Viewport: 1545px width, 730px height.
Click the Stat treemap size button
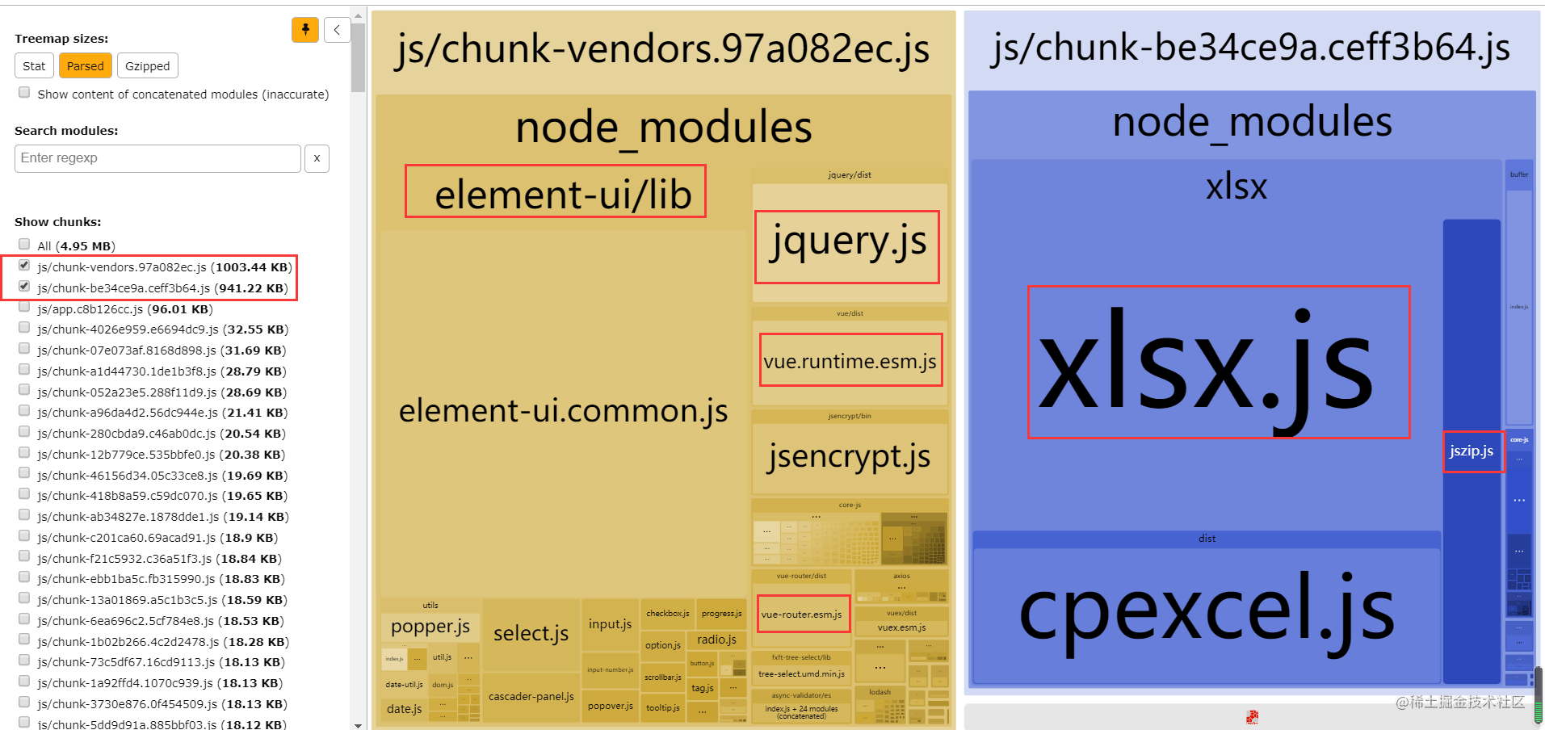tap(34, 66)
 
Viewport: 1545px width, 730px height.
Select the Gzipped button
tap(148, 66)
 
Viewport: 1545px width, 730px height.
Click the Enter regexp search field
tap(157, 158)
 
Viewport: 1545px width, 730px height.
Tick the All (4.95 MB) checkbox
tap(24, 245)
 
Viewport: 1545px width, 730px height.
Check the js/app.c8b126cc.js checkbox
tap(24, 308)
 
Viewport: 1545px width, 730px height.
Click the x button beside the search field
tap(317, 158)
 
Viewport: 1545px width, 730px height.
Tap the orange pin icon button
tap(305, 30)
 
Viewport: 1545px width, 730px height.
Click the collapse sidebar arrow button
tap(337, 30)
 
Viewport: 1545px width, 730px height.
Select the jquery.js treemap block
tap(847, 242)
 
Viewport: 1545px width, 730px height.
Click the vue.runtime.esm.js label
tap(850, 362)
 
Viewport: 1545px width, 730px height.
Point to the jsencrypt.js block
tap(849, 457)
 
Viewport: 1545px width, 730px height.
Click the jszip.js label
tap(1472, 451)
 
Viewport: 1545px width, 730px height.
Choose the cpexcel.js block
tap(1207, 614)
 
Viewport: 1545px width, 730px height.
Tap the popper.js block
tap(430, 627)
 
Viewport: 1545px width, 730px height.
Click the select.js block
tap(531, 634)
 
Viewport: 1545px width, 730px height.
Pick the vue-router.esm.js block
tap(801, 615)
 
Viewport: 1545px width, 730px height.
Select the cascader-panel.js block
tap(531, 696)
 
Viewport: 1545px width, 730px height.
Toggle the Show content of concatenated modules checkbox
tap(24, 93)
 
